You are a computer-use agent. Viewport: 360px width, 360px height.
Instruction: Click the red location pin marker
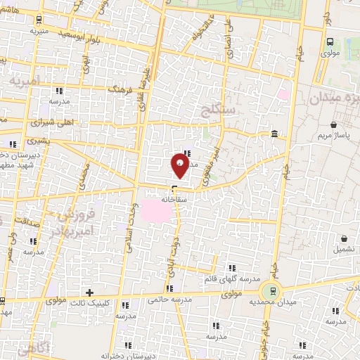(179, 167)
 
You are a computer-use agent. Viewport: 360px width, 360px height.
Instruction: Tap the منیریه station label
(39, 32)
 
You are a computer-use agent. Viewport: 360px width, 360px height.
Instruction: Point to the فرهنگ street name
(117, 89)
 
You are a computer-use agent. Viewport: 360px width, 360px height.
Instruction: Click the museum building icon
(274, 134)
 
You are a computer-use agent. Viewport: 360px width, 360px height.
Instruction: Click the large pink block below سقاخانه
(156, 210)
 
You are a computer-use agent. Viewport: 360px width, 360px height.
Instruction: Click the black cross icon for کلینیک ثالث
(89, 292)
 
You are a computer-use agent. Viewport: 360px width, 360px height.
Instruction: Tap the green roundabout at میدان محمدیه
(270, 291)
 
